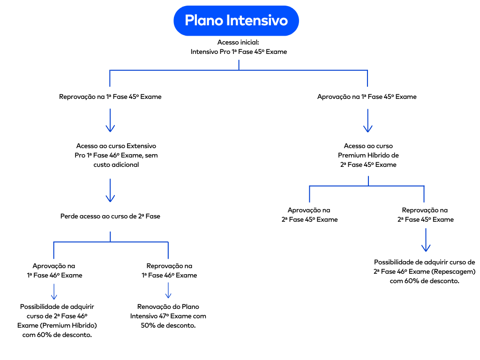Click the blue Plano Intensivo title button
point(236,21)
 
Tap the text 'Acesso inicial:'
point(238,42)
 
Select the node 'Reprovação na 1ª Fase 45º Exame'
point(110,97)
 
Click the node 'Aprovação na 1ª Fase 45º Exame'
point(367,97)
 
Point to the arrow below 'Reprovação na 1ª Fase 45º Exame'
point(110,121)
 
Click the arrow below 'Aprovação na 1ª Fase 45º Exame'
point(368,121)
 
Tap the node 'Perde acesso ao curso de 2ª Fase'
point(110,216)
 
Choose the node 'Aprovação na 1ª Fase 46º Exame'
point(54,270)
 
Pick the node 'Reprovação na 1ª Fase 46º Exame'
point(169,270)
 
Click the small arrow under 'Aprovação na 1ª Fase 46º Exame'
point(54,291)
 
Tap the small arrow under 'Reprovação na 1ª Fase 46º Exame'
point(168,291)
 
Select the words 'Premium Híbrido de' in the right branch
point(368,155)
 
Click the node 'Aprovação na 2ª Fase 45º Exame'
point(309,215)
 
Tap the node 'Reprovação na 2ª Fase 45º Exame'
point(425,215)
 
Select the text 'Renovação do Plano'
point(168,307)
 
